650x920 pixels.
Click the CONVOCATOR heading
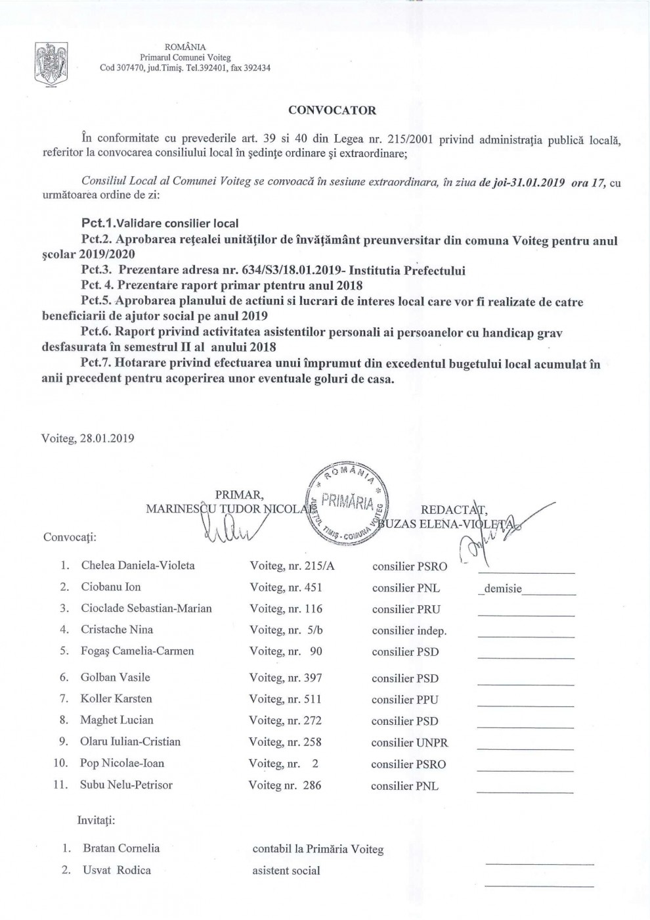click(x=332, y=110)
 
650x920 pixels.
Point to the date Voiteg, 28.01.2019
click(x=87, y=438)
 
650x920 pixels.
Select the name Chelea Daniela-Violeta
click(x=138, y=565)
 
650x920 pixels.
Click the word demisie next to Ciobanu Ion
click(x=503, y=589)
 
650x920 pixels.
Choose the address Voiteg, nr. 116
click(x=286, y=609)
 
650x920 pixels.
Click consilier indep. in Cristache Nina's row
click(x=409, y=631)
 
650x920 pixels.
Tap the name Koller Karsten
click(x=116, y=699)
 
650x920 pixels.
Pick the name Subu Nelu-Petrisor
click(x=126, y=785)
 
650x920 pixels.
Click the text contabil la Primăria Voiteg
click(x=318, y=849)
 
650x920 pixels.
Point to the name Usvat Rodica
click(x=117, y=870)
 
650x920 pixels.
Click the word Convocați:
click(x=70, y=537)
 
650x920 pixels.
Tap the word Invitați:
click(x=97, y=820)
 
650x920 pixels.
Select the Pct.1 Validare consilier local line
click(x=160, y=223)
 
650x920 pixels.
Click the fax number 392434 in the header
click(x=257, y=68)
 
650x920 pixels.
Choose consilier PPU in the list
click(x=404, y=700)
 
